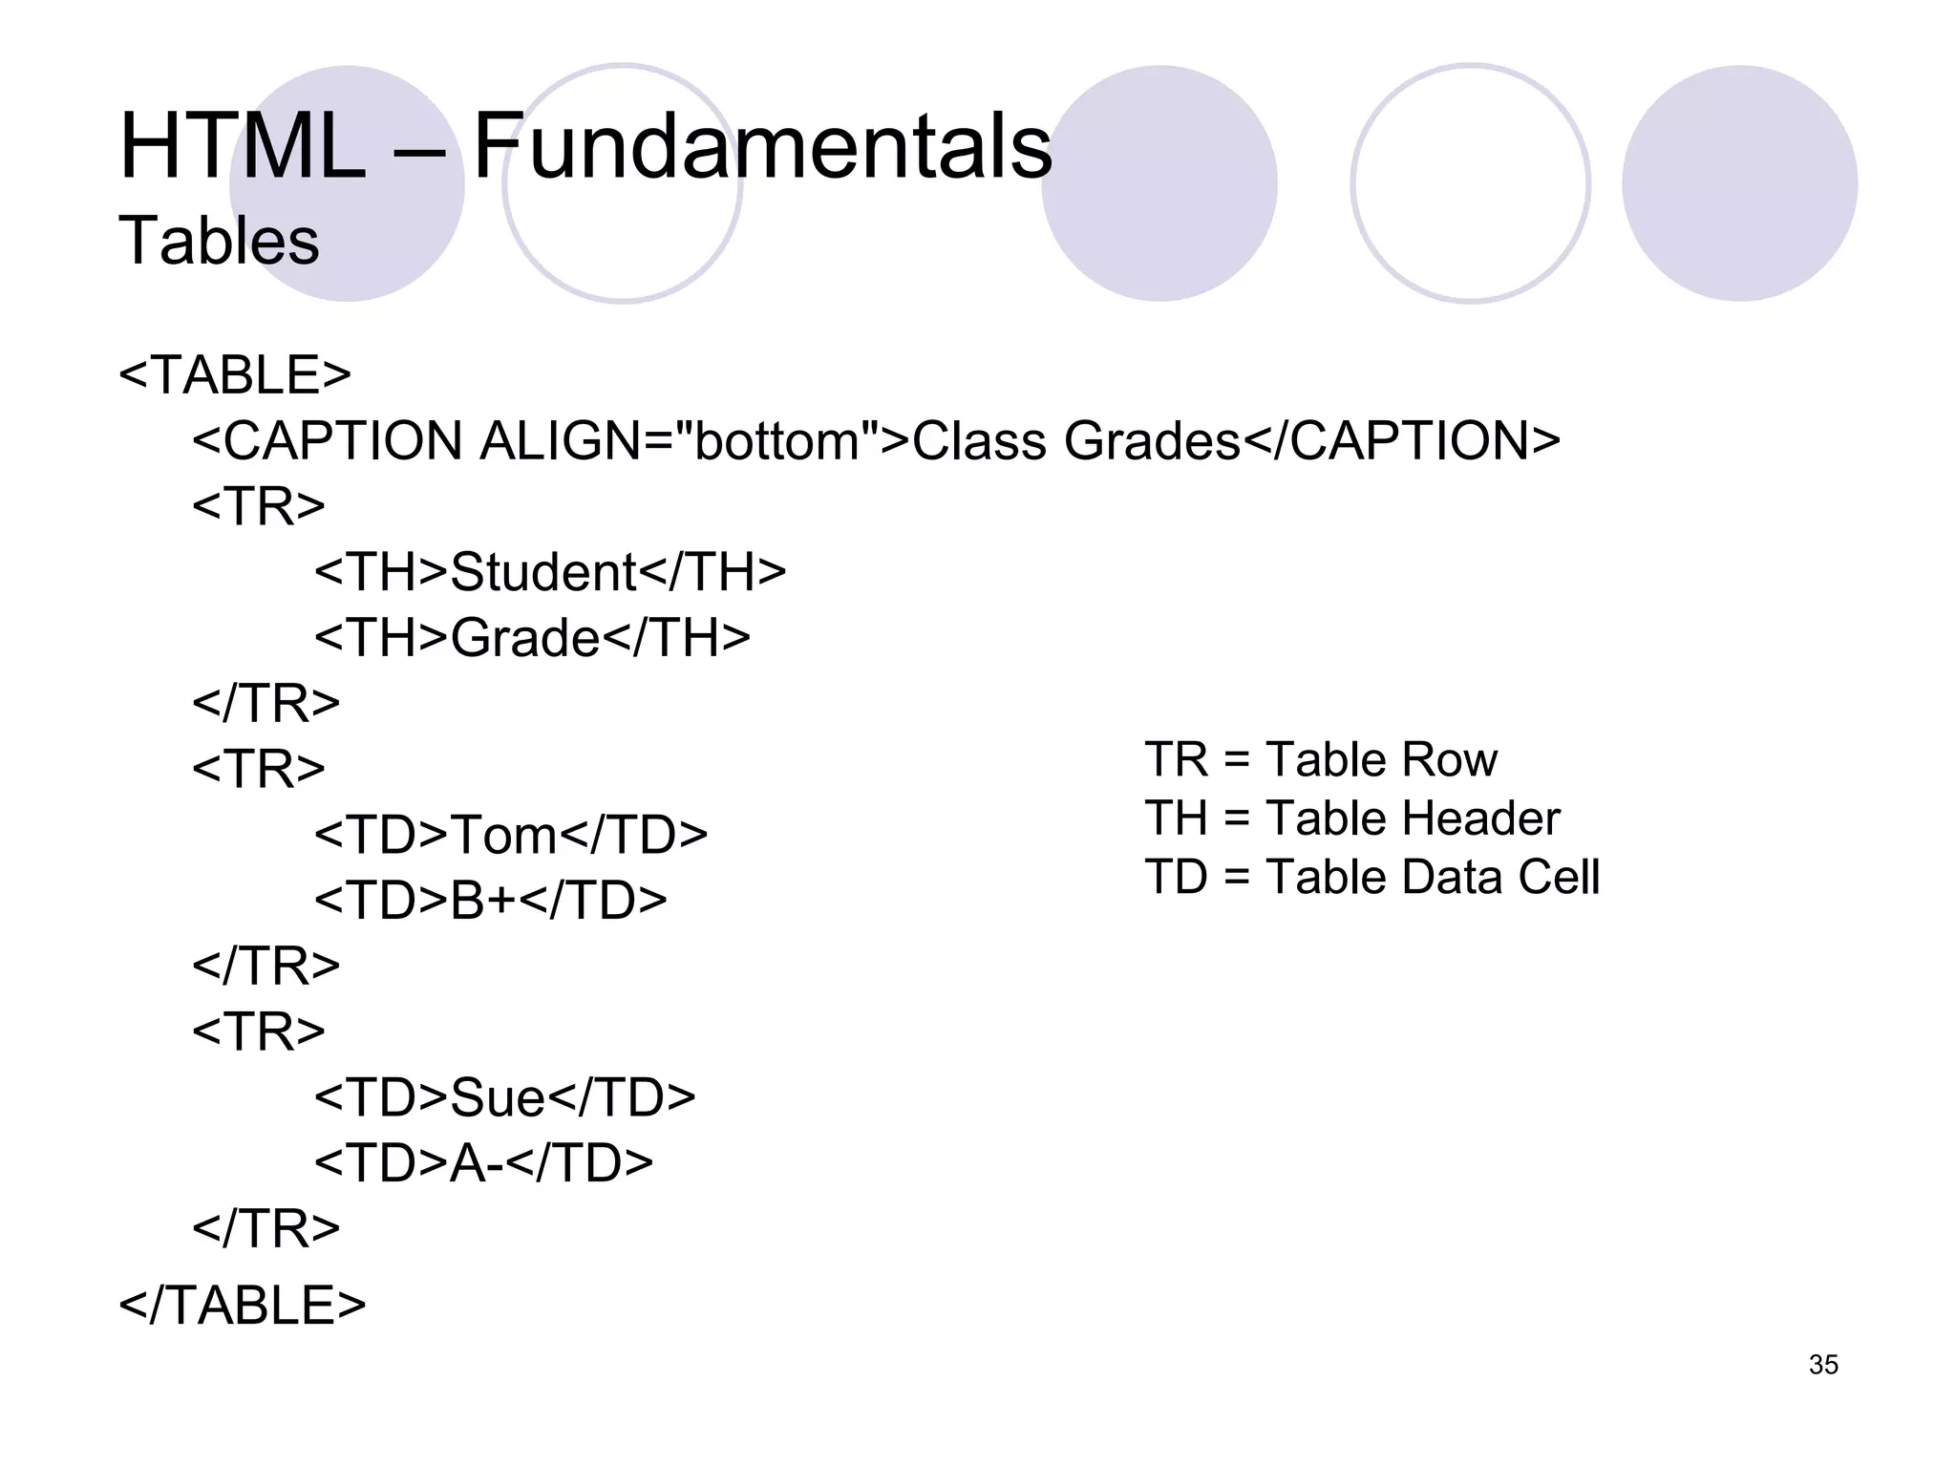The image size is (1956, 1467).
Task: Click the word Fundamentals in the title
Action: (x=762, y=147)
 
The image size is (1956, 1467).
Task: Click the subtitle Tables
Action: (x=219, y=241)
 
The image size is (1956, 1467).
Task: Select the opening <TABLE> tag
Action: (x=235, y=374)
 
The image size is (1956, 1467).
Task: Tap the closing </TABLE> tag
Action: (x=242, y=1306)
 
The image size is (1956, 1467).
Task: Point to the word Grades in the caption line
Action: (x=1151, y=441)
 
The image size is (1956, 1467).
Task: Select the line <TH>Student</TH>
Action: (x=550, y=572)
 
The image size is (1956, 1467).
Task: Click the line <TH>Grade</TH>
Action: (x=532, y=638)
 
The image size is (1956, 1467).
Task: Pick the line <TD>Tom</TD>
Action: (x=511, y=835)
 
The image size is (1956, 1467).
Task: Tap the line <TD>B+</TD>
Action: (x=490, y=901)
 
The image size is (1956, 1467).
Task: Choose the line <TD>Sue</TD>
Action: (x=505, y=1097)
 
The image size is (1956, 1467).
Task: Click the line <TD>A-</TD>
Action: (x=483, y=1163)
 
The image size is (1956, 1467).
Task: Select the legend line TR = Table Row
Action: (x=1321, y=760)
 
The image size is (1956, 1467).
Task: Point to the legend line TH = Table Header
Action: (x=1352, y=819)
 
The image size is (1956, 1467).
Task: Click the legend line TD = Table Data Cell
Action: (x=1371, y=877)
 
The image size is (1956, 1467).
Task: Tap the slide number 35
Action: (x=1822, y=1365)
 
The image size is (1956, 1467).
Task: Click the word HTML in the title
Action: (x=243, y=147)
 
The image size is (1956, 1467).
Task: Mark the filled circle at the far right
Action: (x=1739, y=183)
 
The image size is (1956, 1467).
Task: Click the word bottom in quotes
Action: (x=777, y=441)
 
